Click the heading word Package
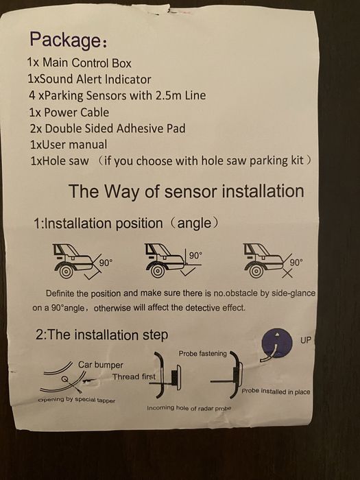coord(65,39)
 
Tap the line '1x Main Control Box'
coord(79,63)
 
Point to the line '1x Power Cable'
coord(69,112)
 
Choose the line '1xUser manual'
coord(69,145)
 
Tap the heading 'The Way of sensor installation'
coord(186,191)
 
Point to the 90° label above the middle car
coord(195,255)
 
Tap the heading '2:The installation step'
coord(101,335)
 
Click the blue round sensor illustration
coord(277,343)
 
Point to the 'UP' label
coord(306,340)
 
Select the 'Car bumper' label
coord(100,365)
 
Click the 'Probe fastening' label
coord(203,354)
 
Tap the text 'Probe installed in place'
coord(276,392)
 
